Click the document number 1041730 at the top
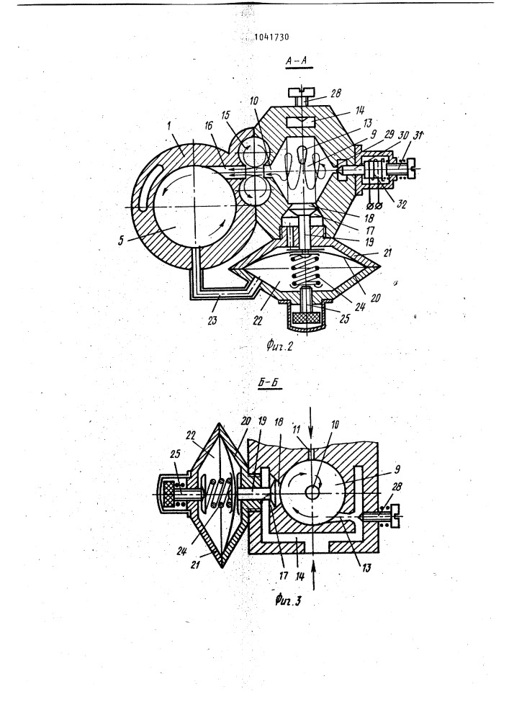tap(271, 37)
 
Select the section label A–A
tap(298, 60)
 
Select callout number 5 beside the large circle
tap(121, 240)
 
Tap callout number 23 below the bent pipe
tap(212, 319)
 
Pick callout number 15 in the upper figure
tap(225, 114)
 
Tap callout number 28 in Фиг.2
tap(335, 94)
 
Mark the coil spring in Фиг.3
tap(218, 492)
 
